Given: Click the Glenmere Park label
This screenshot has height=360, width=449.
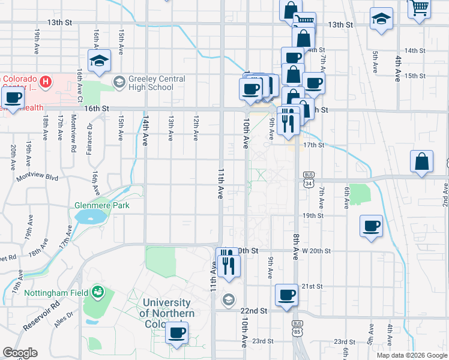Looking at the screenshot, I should pyautogui.click(x=102, y=205).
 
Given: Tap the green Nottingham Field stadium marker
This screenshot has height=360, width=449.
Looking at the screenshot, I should pyautogui.click(x=97, y=292).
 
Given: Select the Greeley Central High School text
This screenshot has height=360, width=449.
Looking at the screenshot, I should pyautogui.click(x=151, y=83).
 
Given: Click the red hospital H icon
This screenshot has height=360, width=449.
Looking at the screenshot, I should pyautogui.click(x=44, y=80).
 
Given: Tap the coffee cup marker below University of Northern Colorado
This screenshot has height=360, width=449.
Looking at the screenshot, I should pyautogui.click(x=176, y=332).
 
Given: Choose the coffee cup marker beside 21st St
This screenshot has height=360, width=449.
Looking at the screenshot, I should pyautogui.click(x=286, y=295).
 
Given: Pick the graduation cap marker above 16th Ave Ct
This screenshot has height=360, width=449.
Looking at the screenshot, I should pyautogui.click(x=100, y=60).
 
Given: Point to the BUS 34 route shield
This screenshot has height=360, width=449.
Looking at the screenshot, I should pyautogui.click(x=309, y=179).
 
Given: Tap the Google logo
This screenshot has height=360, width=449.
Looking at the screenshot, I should pyautogui.click(x=20, y=353).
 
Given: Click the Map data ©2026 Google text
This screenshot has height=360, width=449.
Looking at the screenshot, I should pyautogui.click(x=411, y=355).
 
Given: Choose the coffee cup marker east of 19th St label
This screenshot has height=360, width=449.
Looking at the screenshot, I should pyautogui.click(x=371, y=226).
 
